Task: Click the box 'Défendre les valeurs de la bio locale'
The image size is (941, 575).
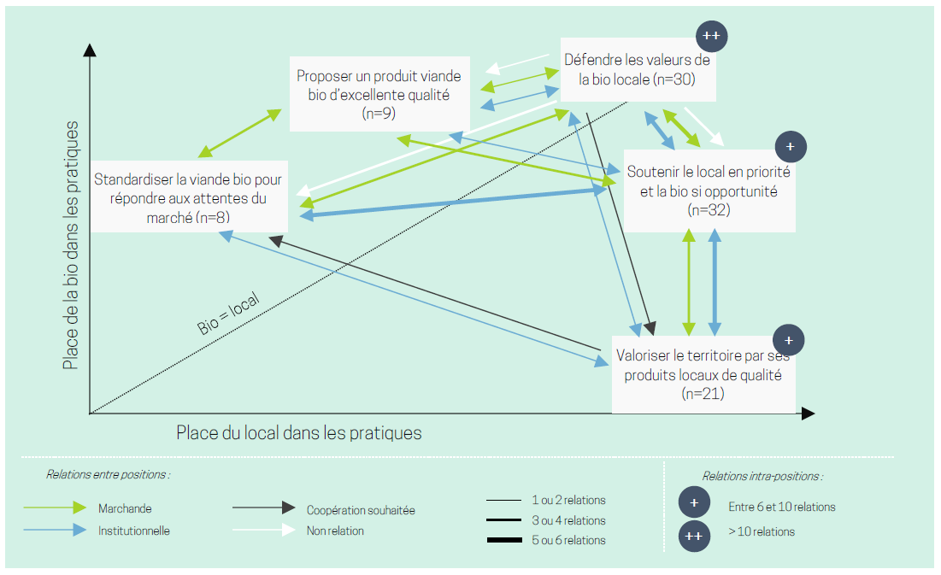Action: (637, 70)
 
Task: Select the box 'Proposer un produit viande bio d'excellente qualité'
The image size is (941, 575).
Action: (379, 94)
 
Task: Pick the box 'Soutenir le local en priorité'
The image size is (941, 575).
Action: (709, 190)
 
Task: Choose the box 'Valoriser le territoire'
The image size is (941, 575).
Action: (703, 374)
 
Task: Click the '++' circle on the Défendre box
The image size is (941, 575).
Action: (711, 36)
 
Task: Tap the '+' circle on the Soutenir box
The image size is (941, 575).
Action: (791, 147)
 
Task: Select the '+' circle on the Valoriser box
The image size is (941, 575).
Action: (789, 340)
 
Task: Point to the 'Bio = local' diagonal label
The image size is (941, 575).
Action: (228, 314)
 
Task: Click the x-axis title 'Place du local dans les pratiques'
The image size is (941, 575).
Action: (299, 432)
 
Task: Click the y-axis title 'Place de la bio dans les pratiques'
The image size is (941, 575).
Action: (71, 245)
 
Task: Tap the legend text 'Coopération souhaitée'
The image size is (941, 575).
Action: (361, 510)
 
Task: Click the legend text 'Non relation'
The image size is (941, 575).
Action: (335, 531)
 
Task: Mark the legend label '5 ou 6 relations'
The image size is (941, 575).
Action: (568, 540)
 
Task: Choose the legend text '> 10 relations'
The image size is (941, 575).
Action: (762, 532)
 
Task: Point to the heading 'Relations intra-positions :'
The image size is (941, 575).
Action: (762, 476)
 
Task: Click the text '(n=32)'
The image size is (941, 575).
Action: (709, 209)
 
